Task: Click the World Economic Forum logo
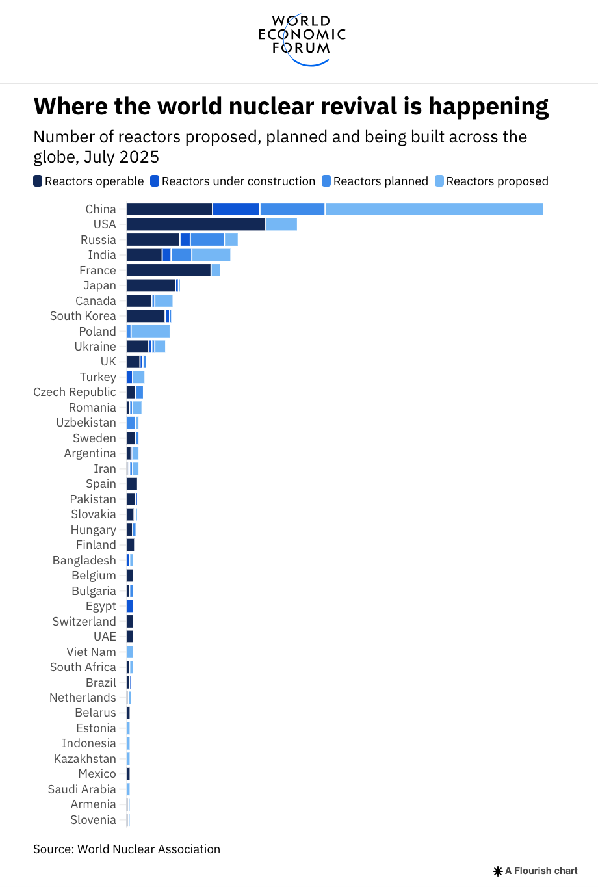tap(302, 40)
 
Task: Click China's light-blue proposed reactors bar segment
tap(434, 209)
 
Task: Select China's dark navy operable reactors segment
tap(169, 209)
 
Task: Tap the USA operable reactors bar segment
tap(196, 224)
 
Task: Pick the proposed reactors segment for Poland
tap(150, 331)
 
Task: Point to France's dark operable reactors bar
tap(168, 270)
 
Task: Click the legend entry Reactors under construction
tap(233, 181)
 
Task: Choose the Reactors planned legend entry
tap(375, 181)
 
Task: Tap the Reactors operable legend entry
tap(88, 181)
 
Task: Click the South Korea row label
tap(83, 316)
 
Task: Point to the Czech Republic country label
tap(75, 392)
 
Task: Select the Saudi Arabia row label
tap(82, 789)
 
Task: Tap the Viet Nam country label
tap(91, 652)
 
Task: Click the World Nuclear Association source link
tap(149, 849)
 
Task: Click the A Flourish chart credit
tap(536, 871)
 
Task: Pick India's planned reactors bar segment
tap(181, 255)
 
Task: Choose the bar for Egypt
tap(129, 606)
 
